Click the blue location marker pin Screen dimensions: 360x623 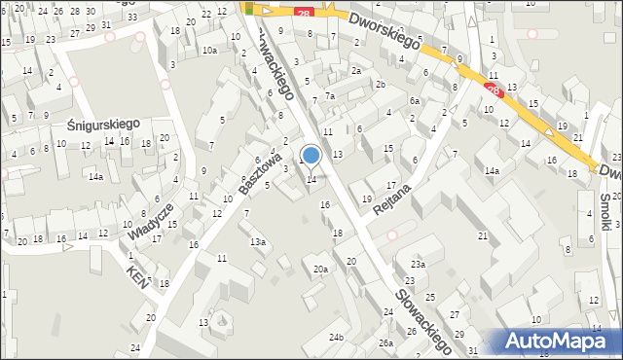pyautogui.click(x=311, y=155)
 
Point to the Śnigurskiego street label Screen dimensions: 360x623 pyautogui.click(x=105, y=125)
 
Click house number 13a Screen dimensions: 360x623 pyautogui.click(x=257, y=241)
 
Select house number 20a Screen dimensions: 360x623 pyautogui.click(x=319, y=269)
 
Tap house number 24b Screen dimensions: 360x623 pyautogui.click(x=336, y=338)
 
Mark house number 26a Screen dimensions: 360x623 pyautogui.click(x=385, y=343)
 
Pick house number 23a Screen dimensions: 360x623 pyautogui.click(x=418, y=264)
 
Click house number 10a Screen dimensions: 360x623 pyautogui.click(x=209, y=50)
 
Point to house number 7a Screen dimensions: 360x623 pyautogui.click(x=330, y=95)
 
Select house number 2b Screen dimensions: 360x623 pyautogui.click(x=381, y=85)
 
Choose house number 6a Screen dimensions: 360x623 pyautogui.click(x=414, y=101)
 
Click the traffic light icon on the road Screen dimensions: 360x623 pyautogui.click(x=248, y=9)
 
